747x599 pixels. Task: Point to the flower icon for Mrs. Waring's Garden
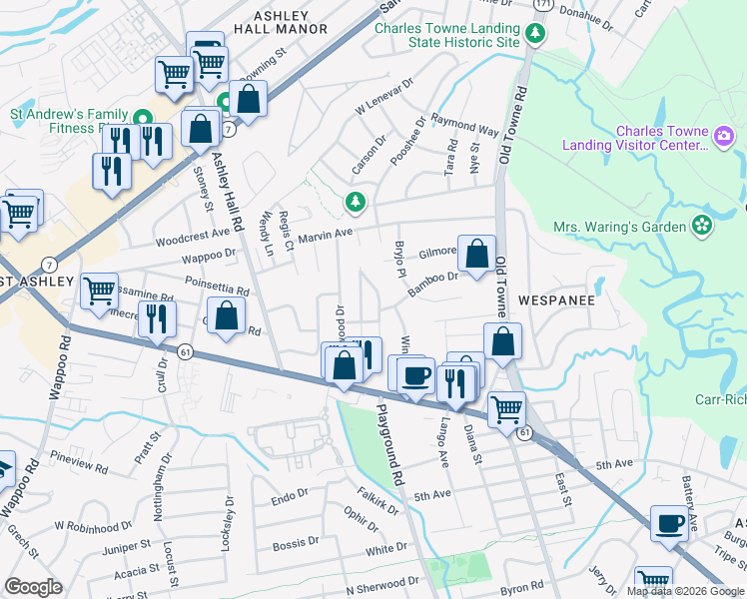point(702,226)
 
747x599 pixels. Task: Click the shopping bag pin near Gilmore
point(478,255)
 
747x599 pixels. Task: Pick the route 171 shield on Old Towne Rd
point(542,5)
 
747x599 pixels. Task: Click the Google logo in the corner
point(33,587)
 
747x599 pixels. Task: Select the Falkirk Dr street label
point(377,501)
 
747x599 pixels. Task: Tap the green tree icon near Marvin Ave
point(355,204)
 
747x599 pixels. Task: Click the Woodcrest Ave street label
point(194,241)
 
